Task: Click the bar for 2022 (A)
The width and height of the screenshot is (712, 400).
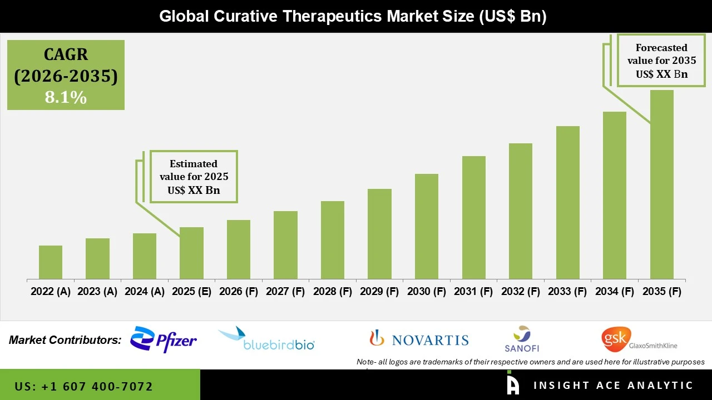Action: pyautogui.click(x=51, y=262)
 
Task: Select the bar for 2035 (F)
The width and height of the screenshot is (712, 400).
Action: pyautogui.click(x=661, y=184)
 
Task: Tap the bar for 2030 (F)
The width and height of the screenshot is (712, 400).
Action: pyautogui.click(x=427, y=226)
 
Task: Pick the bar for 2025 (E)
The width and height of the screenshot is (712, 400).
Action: pyautogui.click(x=191, y=253)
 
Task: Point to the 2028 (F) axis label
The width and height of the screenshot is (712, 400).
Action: pyautogui.click(x=333, y=292)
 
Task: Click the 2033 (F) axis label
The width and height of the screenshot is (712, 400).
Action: pyautogui.click(x=567, y=292)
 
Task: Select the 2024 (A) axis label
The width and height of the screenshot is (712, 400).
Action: pyautogui.click(x=145, y=292)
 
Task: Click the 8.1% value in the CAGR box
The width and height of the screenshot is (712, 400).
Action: pyautogui.click(x=66, y=97)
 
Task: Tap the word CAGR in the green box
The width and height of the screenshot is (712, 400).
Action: pyautogui.click(x=66, y=54)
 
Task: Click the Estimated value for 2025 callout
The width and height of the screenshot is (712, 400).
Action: pyautogui.click(x=194, y=177)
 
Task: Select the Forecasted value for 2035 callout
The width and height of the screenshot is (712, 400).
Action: pyautogui.click(x=661, y=61)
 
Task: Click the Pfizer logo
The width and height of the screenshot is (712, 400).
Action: pyautogui.click(x=163, y=340)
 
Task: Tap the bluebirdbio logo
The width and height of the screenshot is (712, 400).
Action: pyautogui.click(x=267, y=339)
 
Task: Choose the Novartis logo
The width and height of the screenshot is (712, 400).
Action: pyautogui.click(x=419, y=339)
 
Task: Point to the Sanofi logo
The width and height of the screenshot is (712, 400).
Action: pyautogui.click(x=521, y=339)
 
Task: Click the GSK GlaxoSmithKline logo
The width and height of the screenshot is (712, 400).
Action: pyautogui.click(x=639, y=339)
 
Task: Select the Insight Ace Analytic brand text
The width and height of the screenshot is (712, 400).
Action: pyautogui.click(x=613, y=386)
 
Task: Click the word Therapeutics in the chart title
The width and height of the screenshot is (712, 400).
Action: pyautogui.click(x=332, y=16)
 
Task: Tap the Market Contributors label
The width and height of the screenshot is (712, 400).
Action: pyautogui.click(x=65, y=340)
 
